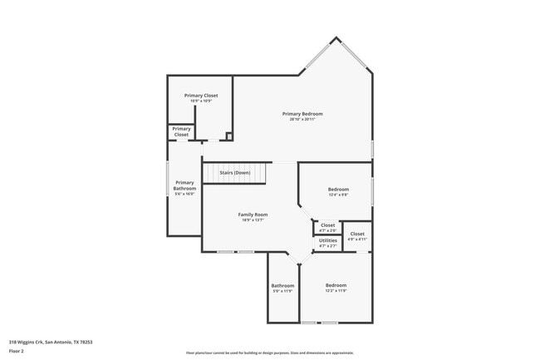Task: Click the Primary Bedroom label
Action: [302, 113]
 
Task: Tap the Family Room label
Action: [253, 215]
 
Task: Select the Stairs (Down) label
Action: [235, 172]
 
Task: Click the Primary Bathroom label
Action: [184, 185]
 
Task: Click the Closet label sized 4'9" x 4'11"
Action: [357, 234]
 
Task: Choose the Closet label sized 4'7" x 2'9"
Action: [328, 224]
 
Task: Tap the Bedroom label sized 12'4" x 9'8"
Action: [338, 190]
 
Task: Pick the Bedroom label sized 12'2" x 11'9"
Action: [336, 285]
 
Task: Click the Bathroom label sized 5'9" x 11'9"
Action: [282, 285]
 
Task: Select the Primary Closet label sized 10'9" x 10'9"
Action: [201, 96]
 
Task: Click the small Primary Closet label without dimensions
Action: [181, 131]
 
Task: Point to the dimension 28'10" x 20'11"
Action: [302, 119]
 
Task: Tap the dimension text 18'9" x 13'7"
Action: [253, 220]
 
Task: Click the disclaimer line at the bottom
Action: [270, 353]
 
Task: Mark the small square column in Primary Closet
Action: [229, 136]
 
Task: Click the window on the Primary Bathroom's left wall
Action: [169, 179]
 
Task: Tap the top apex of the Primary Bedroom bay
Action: [336, 37]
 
